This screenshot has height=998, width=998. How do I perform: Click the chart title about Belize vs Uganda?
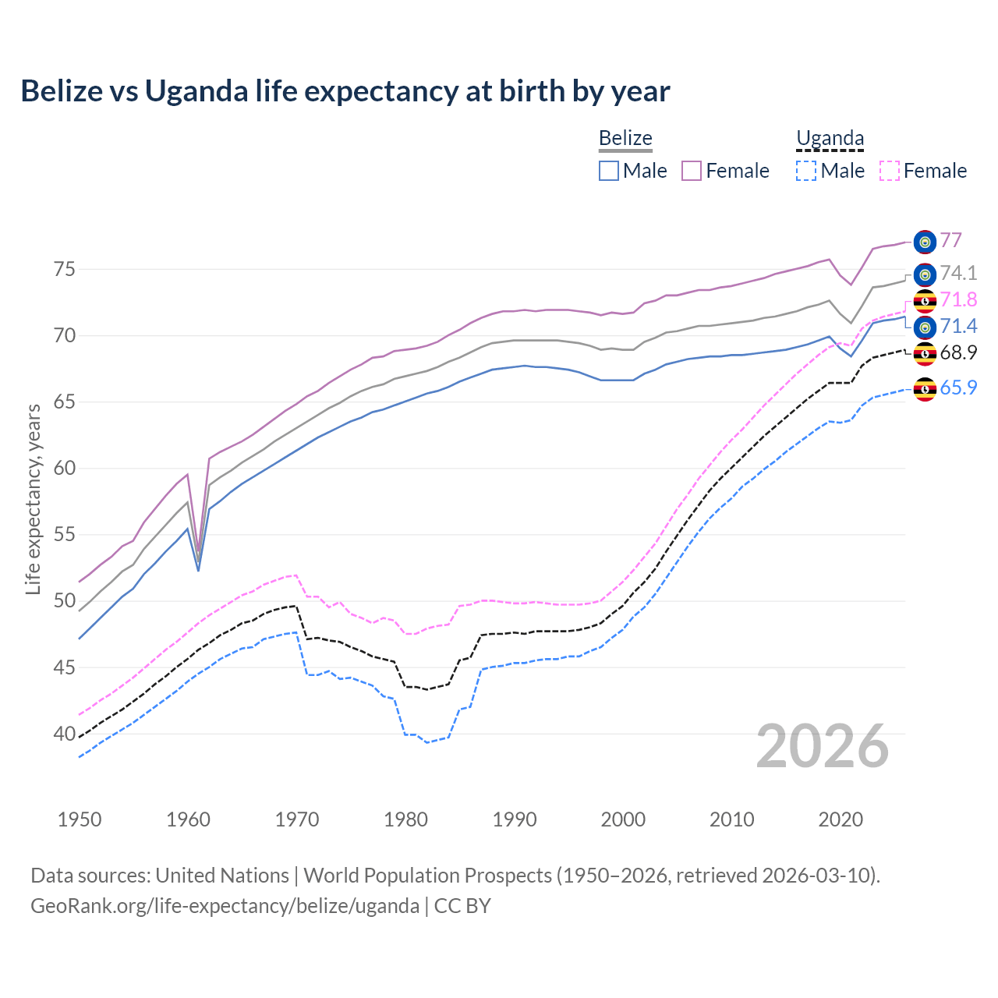click(345, 91)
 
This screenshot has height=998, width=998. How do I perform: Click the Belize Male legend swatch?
click(609, 171)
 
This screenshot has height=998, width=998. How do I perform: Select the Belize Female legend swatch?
click(692, 171)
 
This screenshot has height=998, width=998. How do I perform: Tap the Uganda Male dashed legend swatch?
click(806, 171)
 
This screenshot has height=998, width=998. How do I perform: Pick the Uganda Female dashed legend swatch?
click(890, 171)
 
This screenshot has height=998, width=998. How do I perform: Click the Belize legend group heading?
click(625, 139)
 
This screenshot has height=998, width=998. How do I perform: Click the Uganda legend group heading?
click(830, 139)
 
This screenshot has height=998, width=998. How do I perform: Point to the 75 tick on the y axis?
click(65, 270)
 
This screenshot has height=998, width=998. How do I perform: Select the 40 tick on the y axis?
click(65, 734)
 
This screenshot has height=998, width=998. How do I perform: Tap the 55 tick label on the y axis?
click(65, 535)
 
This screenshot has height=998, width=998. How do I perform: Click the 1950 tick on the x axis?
click(80, 819)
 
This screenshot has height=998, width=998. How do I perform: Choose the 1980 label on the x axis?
click(405, 819)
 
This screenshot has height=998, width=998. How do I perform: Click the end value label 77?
click(950, 241)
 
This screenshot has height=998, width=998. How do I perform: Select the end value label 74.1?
click(958, 274)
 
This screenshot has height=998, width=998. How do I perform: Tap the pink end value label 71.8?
click(958, 300)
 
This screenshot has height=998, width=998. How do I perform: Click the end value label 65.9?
click(958, 388)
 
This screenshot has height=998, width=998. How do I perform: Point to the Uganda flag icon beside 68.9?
click(925, 353)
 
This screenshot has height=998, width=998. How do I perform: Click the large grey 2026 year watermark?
click(823, 746)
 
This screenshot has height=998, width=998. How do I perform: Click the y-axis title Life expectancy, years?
click(33, 499)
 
